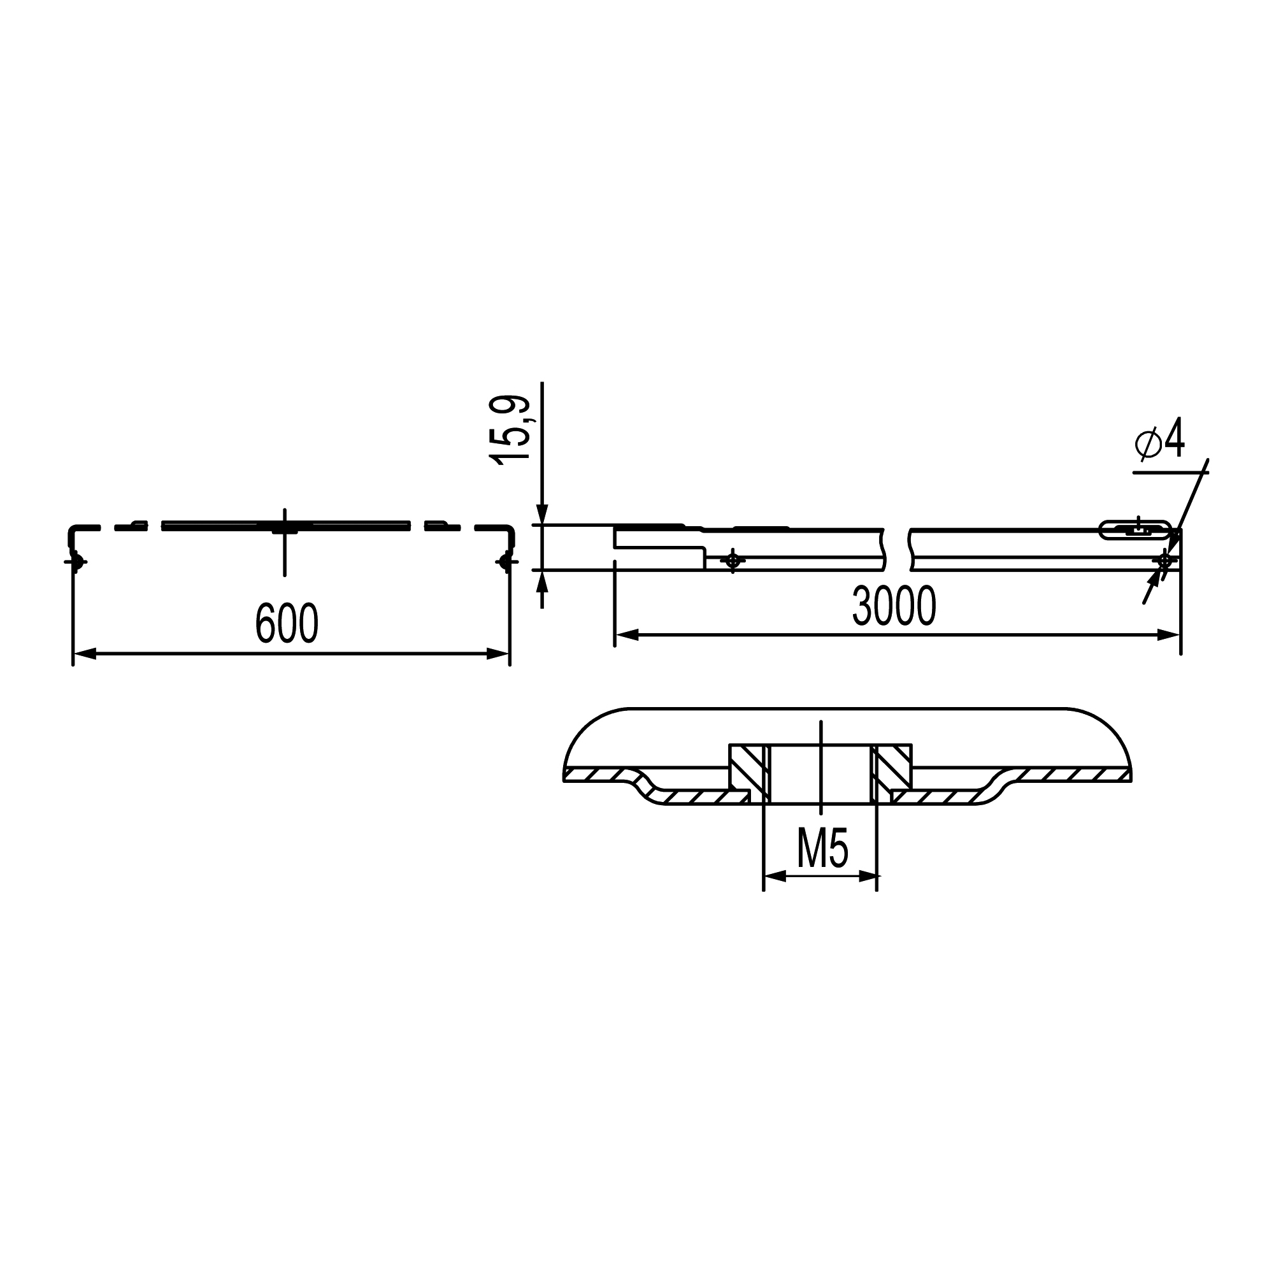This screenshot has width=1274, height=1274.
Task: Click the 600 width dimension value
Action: [287, 622]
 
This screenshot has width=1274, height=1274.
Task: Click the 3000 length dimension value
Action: [894, 605]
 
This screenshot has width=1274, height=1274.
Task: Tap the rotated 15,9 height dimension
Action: [510, 431]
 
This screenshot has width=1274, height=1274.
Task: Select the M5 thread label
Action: [822, 848]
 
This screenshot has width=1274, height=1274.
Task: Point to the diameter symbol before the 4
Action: [1148, 443]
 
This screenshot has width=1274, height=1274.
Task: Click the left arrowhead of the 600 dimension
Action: [85, 654]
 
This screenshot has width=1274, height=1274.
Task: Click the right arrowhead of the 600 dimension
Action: [498, 654]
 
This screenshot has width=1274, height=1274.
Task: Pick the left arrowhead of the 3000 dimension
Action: [626, 635]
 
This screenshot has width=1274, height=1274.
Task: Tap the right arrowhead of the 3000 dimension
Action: [1168, 635]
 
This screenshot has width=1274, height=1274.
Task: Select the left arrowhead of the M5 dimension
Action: [775, 877]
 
